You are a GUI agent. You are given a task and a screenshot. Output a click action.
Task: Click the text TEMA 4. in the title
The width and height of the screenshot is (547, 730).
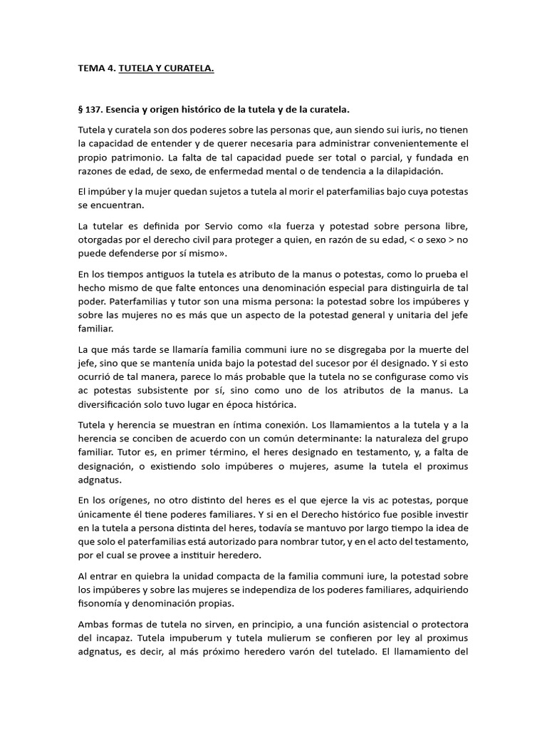[x=96, y=68]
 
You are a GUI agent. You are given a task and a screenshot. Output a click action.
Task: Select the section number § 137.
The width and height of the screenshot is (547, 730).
[x=94, y=110]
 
